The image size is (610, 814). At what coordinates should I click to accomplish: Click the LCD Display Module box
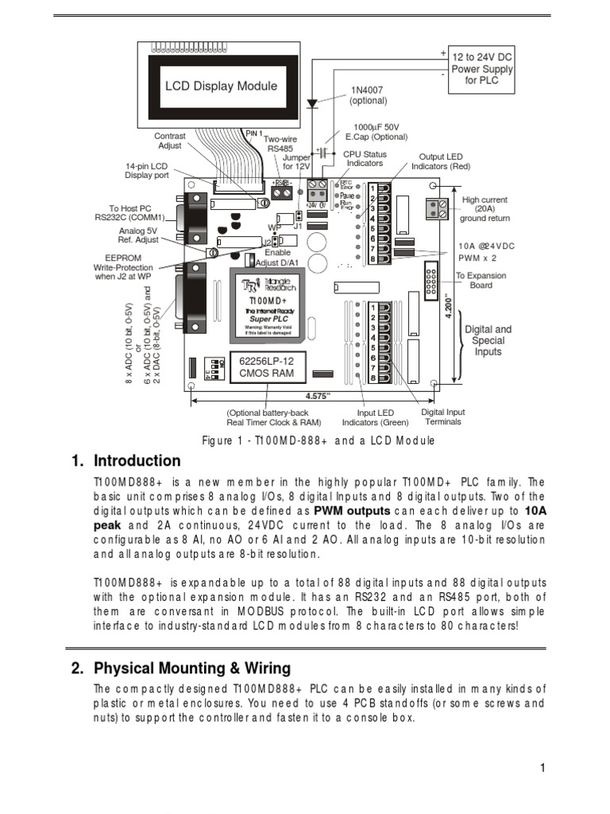[220, 85]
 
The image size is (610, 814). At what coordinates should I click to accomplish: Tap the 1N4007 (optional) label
[368, 95]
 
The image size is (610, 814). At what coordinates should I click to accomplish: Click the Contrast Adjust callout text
[169, 141]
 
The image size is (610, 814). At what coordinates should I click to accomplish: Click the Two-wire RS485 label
[281, 143]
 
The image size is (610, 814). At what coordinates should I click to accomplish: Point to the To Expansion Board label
[480, 281]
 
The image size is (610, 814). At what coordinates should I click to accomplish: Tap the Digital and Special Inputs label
[488, 340]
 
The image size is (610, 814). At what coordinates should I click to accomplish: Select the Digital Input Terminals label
[443, 417]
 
